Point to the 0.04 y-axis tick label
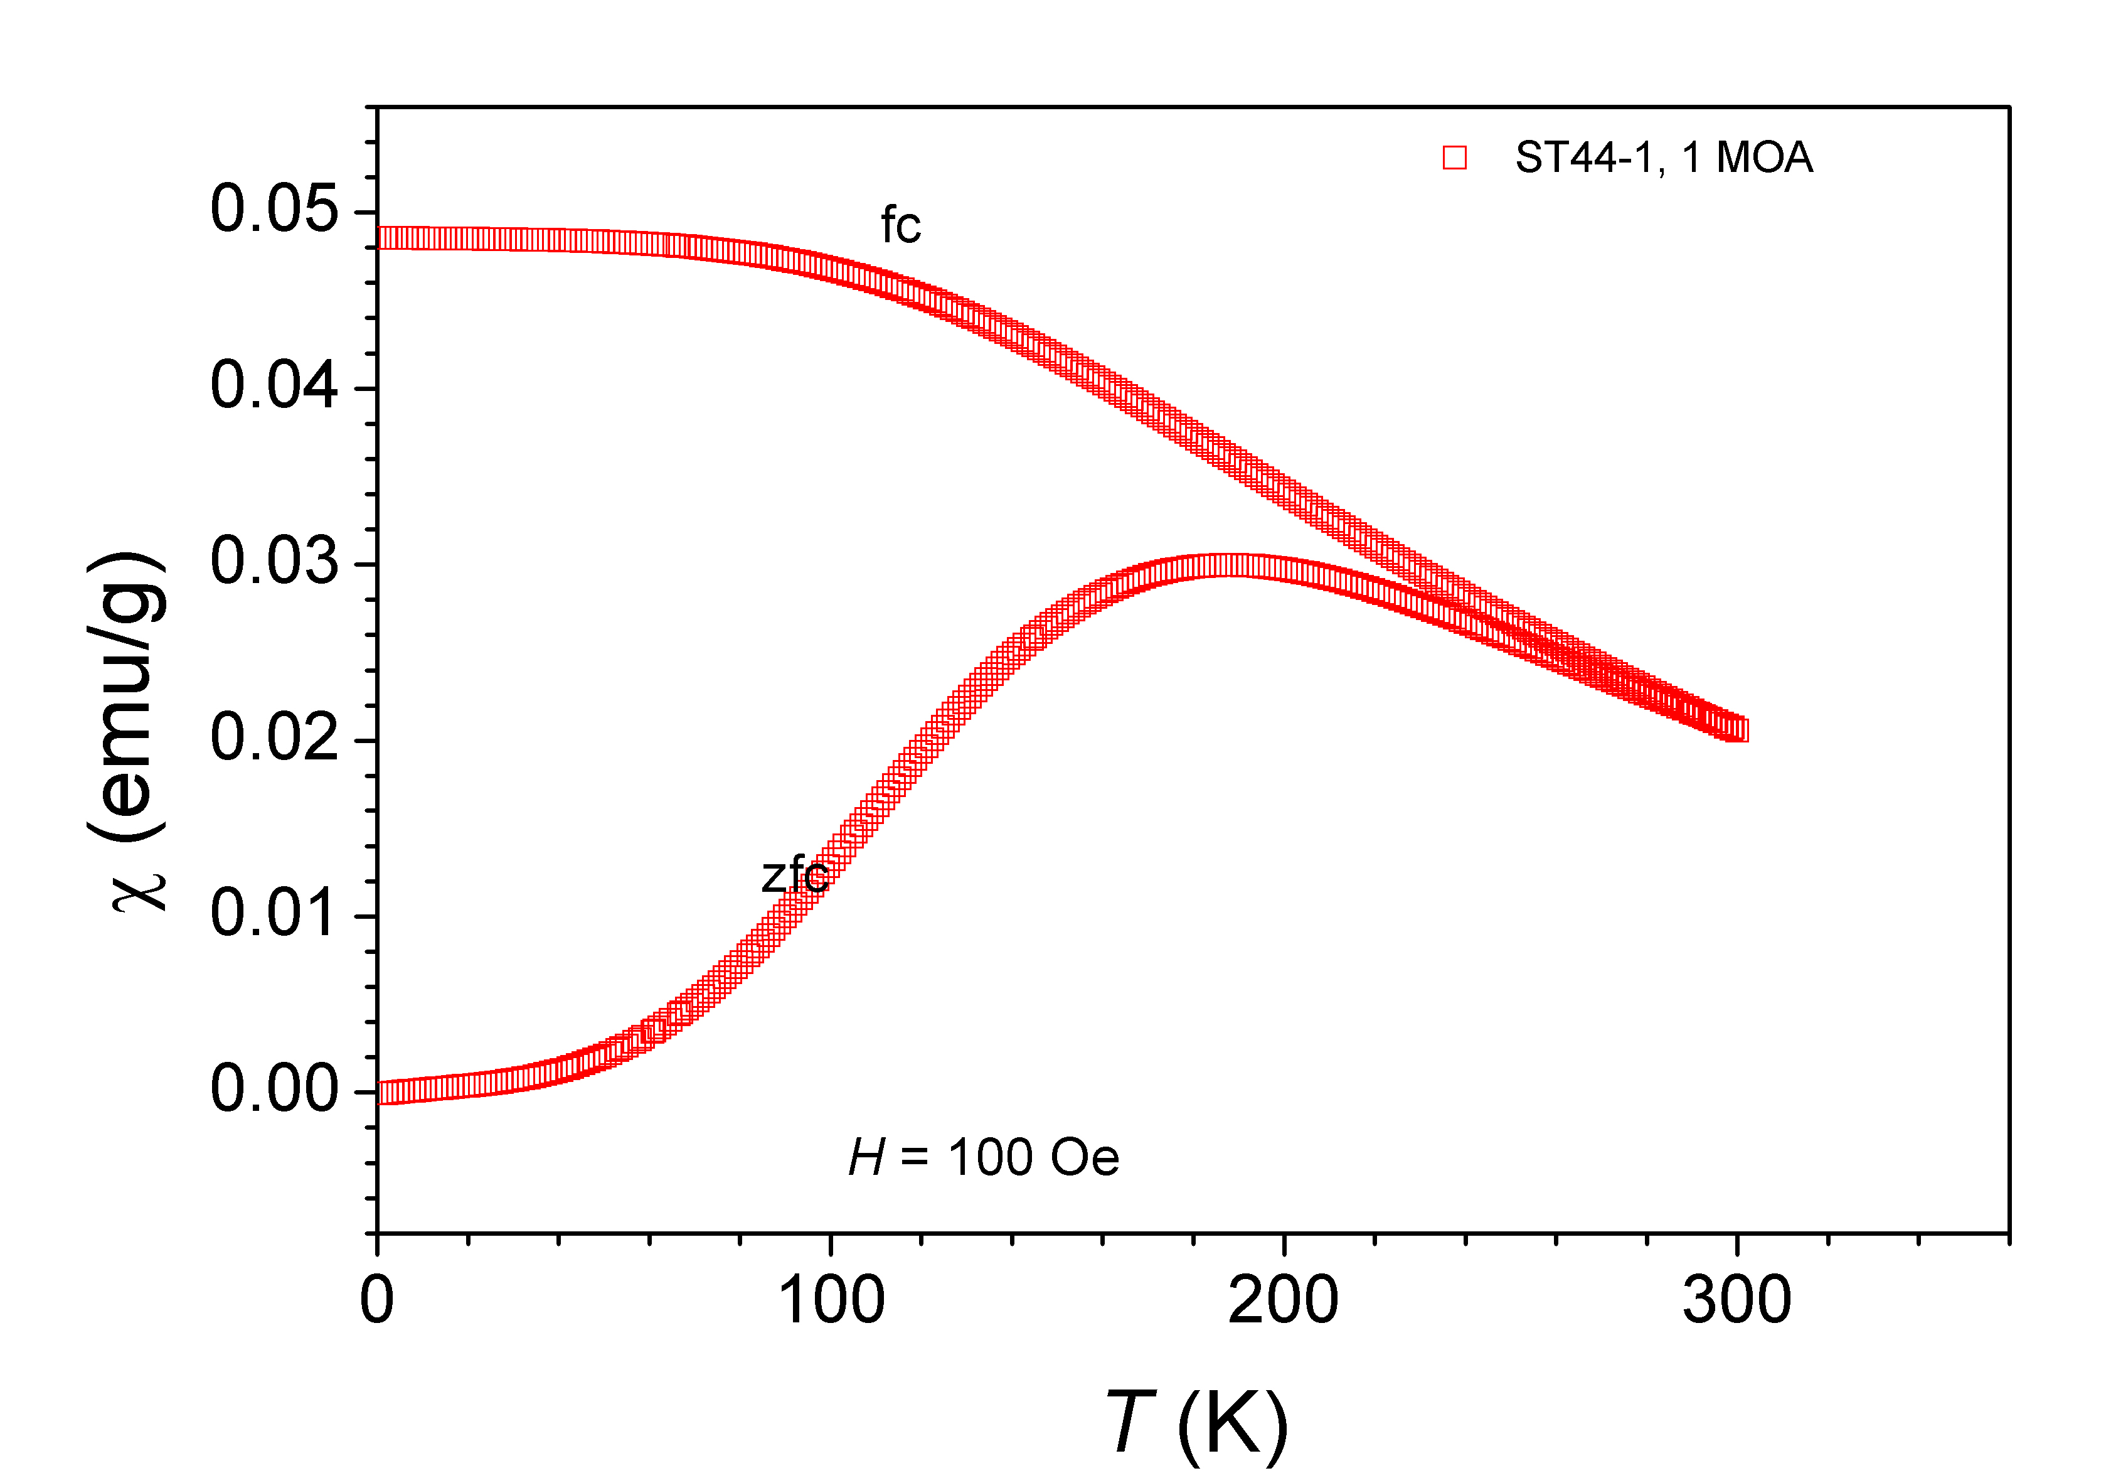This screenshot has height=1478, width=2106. point(274,386)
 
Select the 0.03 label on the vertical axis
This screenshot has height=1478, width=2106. point(274,562)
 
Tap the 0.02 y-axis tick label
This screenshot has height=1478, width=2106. point(274,739)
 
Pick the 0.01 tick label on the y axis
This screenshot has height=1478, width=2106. point(274,914)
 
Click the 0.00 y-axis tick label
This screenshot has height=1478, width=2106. point(274,1091)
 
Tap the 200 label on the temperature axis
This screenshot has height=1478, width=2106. point(1282,1301)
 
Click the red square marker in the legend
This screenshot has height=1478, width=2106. point(1454,158)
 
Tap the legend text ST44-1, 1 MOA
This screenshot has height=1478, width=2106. point(1663,158)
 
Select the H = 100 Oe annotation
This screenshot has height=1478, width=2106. point(983,1158)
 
